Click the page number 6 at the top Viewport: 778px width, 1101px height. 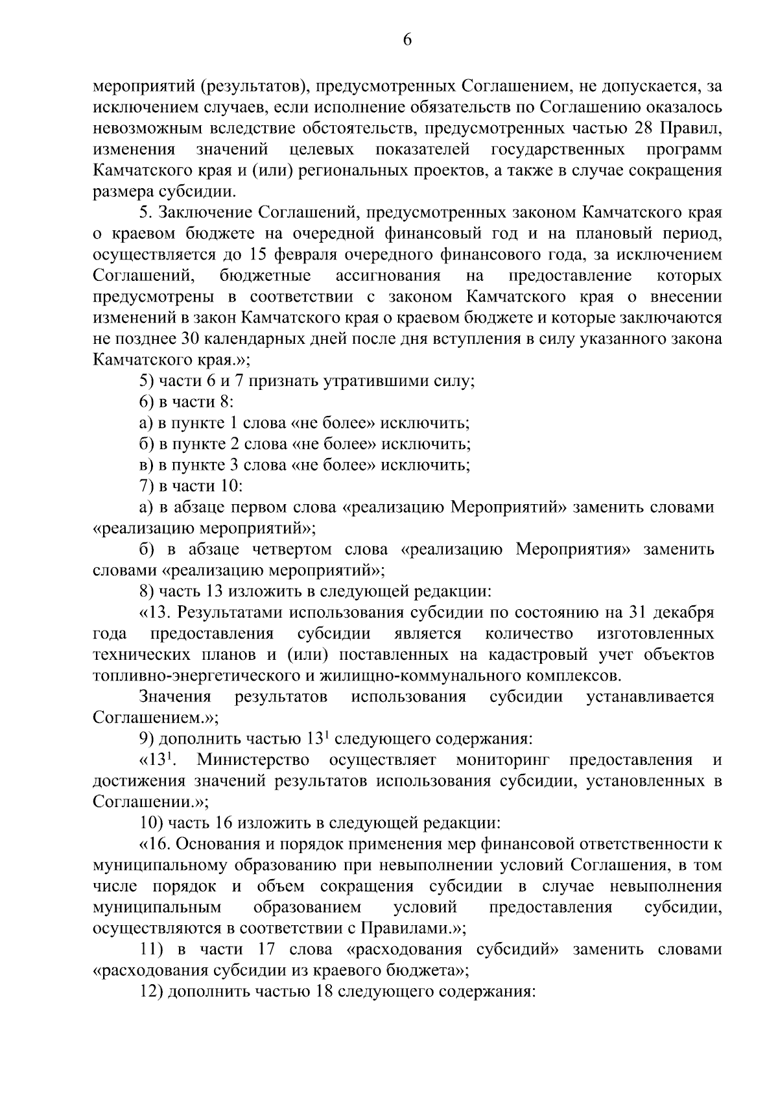pyautogui.click(x=407, y=40)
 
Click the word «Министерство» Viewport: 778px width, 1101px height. pyautogui.click(x=253, y=760)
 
